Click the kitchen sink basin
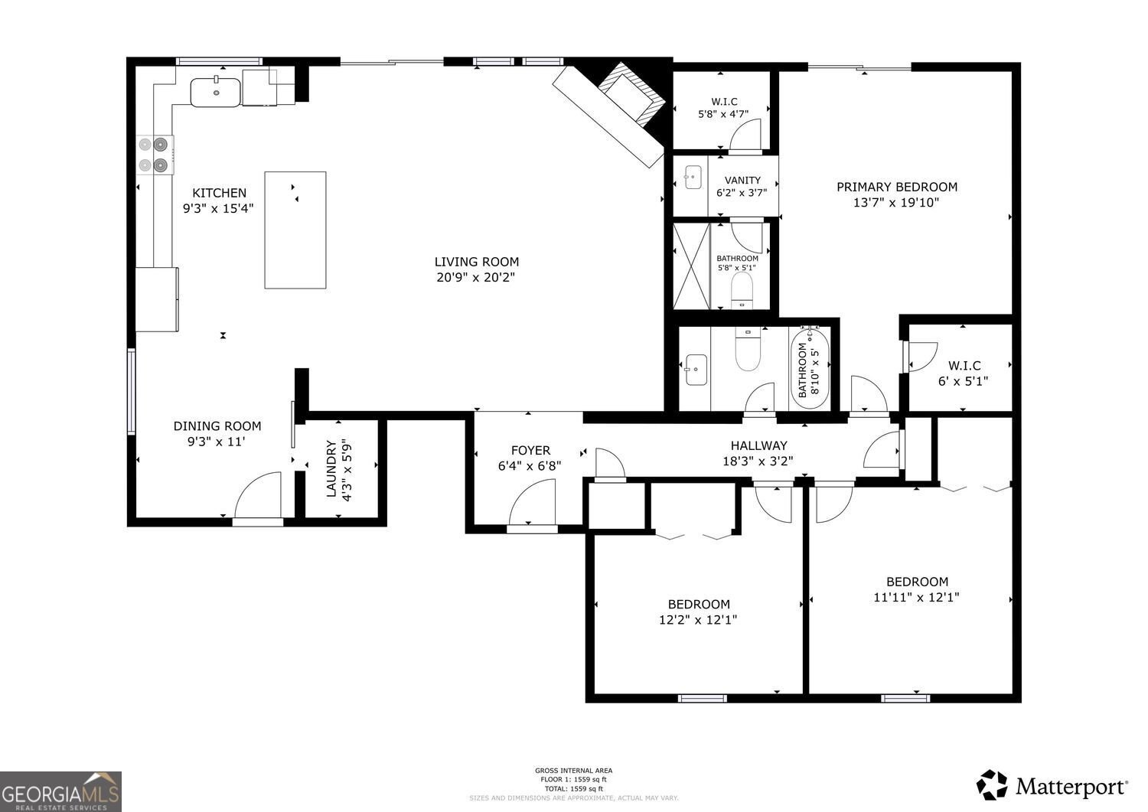pos(215,93)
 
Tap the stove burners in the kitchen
pos(155,154)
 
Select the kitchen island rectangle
pos(295,230)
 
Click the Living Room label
pos(476,262)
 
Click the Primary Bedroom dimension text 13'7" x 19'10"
pos(895,203)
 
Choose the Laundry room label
pos(332,468)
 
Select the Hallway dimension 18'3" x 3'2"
pos(758,461)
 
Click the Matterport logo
pos(1052,785)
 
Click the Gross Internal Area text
pos(573,771)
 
